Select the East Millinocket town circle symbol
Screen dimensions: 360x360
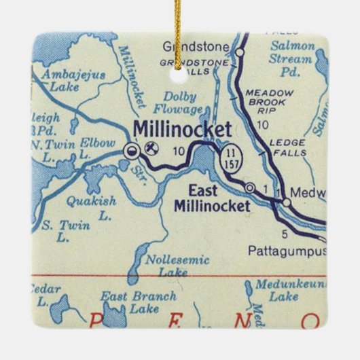coord(251,187)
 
